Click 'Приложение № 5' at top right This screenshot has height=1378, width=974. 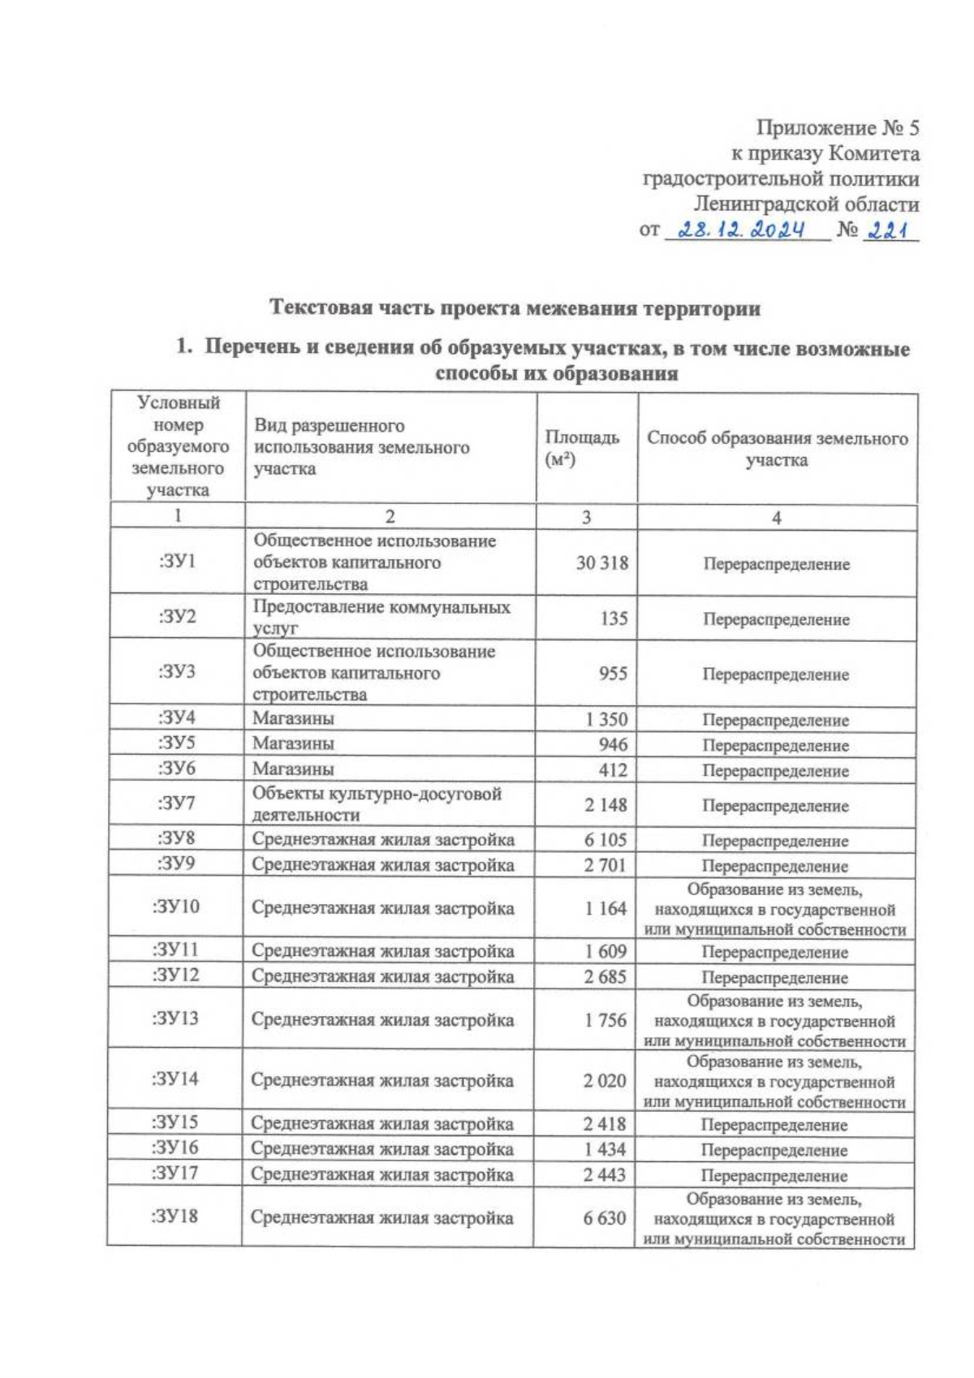coord(838,128)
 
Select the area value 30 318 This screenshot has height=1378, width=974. coord(601,562)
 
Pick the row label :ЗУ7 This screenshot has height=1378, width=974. coord(176,803)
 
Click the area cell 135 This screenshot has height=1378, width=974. coord(614,618)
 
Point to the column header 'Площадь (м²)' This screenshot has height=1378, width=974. coord(581,448)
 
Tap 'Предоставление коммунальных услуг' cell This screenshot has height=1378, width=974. coord(381,617)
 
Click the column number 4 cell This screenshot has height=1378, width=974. coord(776,518)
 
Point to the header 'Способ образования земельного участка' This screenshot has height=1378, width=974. coord(776,449)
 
